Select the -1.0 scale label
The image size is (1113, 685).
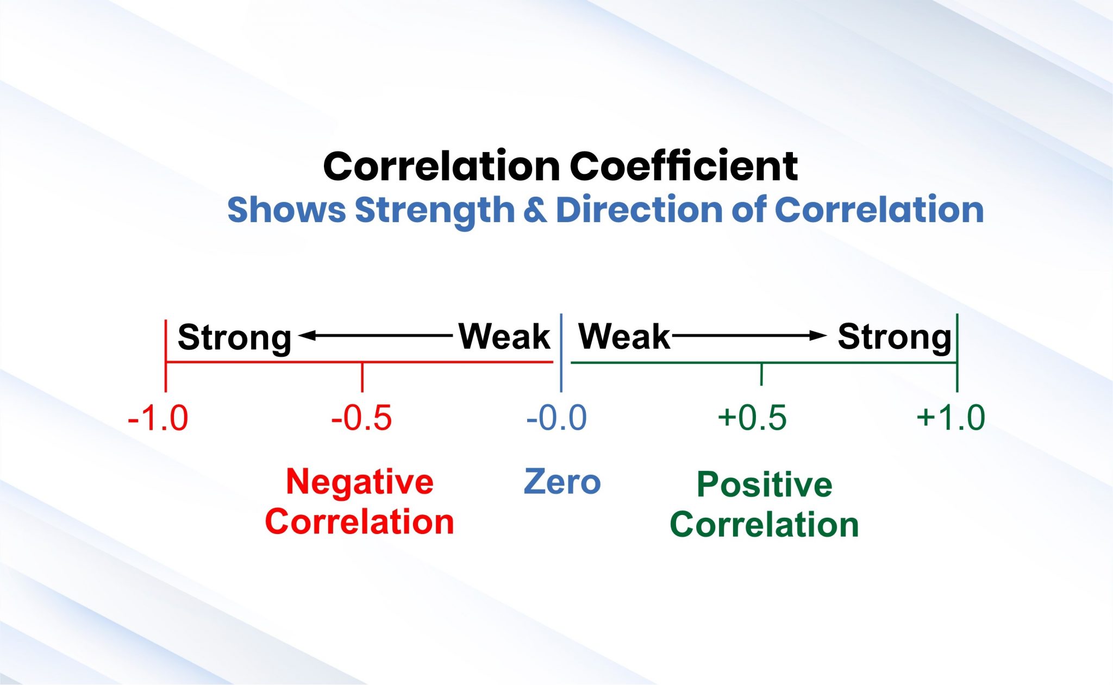coord(158,418)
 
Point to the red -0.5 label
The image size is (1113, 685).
coord(361,418)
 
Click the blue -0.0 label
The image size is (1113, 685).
coord(556,418)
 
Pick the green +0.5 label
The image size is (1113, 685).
coord(752,418)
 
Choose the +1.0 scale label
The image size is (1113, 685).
coord(951,418)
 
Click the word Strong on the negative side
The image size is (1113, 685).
coord(234,337)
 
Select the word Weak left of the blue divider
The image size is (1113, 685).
coord(504,336)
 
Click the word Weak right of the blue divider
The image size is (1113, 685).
coord(624,336)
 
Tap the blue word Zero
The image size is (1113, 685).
coord(562,482)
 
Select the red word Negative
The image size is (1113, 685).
coord(360,482)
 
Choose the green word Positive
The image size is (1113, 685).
coord(764,485)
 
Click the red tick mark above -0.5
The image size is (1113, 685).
coord(362,377)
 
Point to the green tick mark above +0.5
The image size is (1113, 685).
coord(761,374)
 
